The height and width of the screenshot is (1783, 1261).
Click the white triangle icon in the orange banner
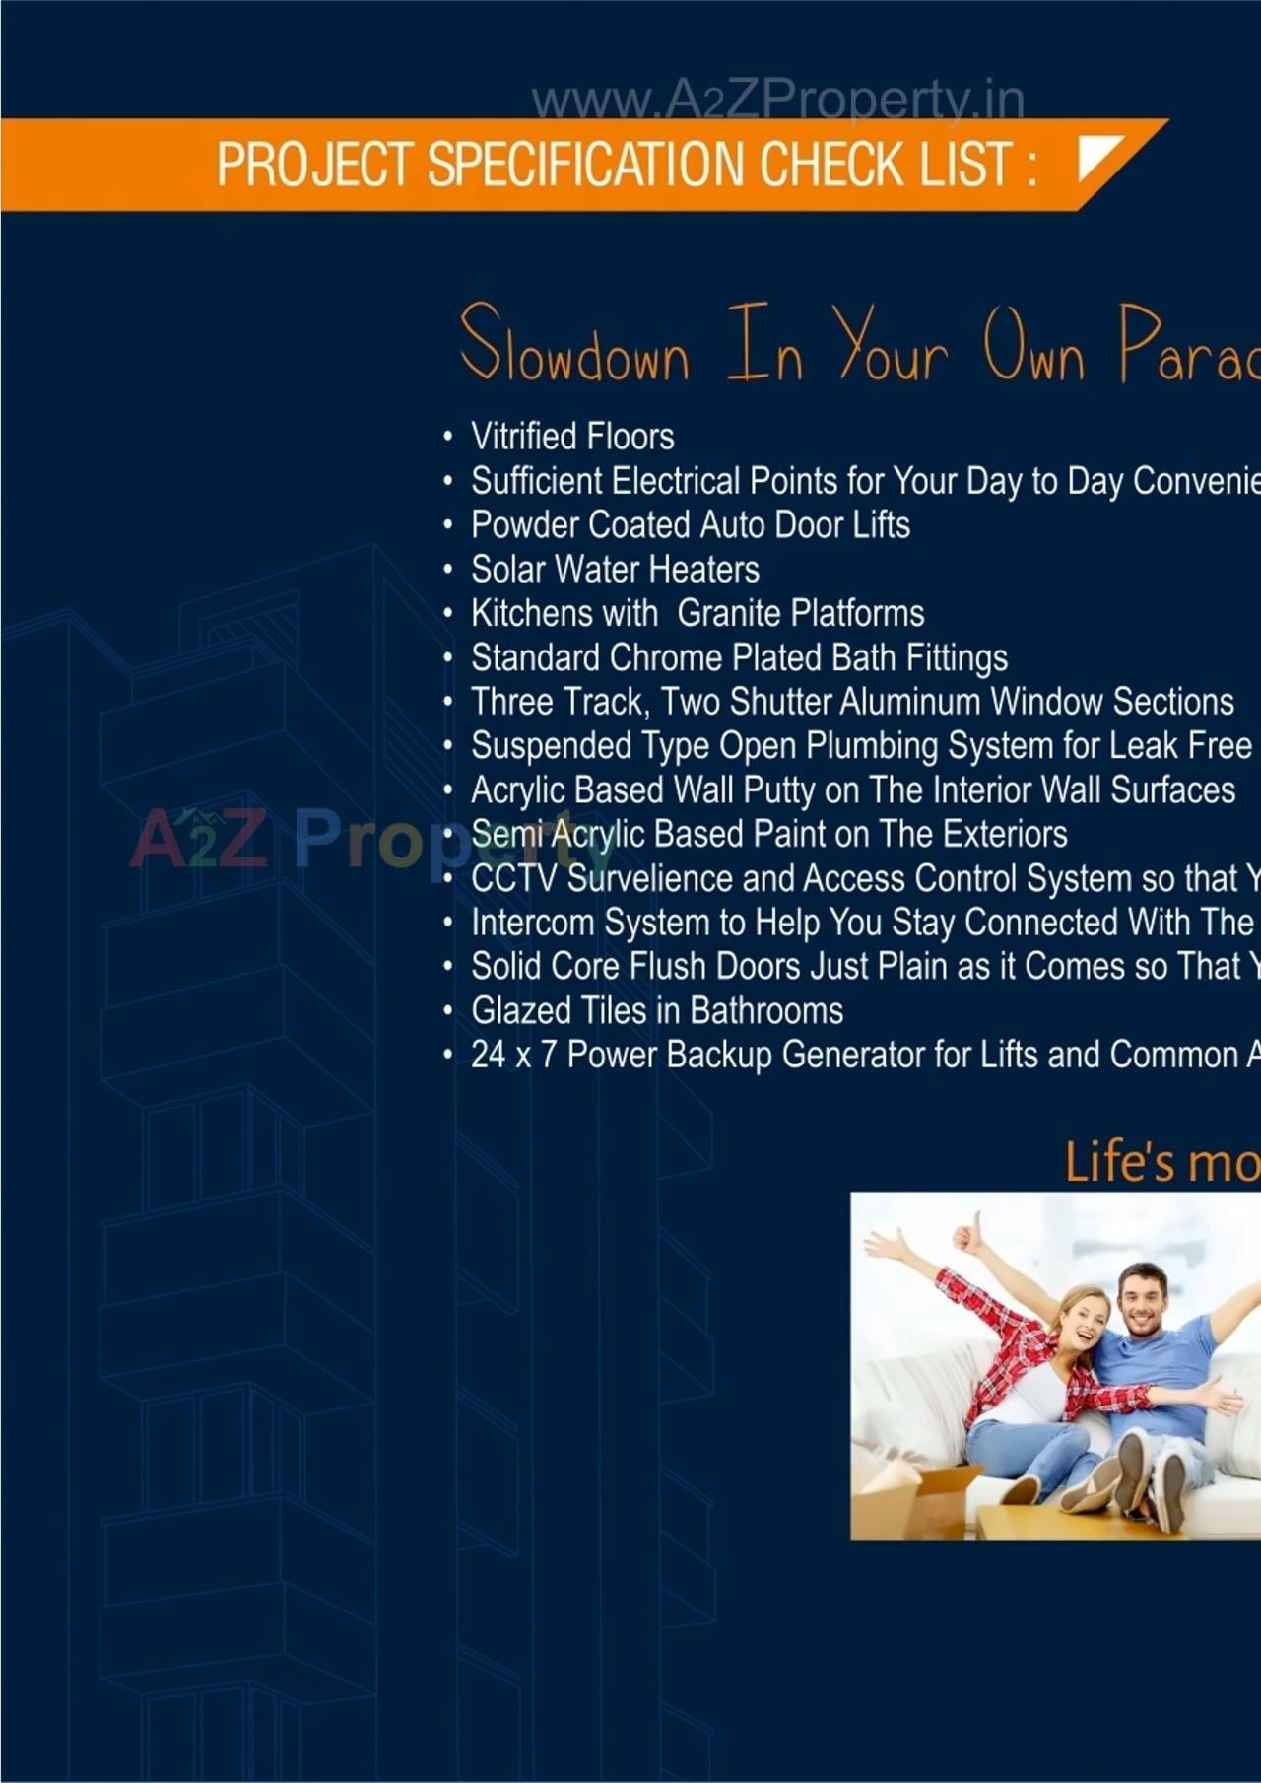click(x=1096, y=157)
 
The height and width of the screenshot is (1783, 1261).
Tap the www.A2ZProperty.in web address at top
click(x=777, y=101)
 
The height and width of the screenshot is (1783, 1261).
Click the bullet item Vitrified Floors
click(x=571, y=436)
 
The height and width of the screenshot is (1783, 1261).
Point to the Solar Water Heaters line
click(x=615, y=569)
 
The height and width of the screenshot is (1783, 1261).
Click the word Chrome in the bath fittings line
click(x=666, y=657)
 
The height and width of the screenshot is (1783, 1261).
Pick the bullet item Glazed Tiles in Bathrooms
click(x=656, y=1010)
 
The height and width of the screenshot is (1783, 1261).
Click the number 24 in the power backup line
click(x=488, y=1055)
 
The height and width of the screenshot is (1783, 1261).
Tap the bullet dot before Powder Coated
click(x=448, y=526)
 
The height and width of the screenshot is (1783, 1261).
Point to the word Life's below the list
click(x=1119, y=1161)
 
